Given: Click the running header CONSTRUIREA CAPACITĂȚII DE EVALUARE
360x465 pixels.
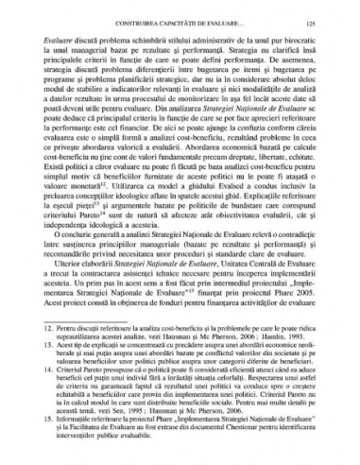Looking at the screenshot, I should click(179, 18).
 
